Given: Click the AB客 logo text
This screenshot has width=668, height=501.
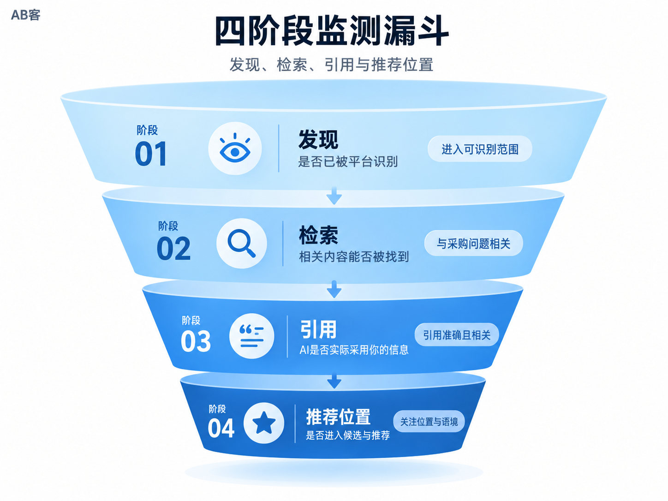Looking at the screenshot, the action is coord(25,15).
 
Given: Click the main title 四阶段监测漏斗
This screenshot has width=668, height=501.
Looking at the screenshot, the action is coord(332,31).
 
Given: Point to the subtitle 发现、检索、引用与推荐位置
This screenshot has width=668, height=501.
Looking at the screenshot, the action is coord(331,65).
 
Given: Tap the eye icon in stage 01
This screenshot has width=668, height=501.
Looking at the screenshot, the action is coord(235,148).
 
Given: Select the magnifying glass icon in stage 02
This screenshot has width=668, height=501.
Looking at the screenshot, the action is coord(242,244).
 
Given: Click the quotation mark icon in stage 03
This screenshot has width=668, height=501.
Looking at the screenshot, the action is coord(251,336).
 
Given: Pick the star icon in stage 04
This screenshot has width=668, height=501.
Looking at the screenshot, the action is coord(264,423).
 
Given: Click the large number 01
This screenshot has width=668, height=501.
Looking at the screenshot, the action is coord(151,154).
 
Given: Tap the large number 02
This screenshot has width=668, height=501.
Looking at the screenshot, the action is coord(173,249).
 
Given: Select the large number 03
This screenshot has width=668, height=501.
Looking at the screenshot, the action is coord(196,341).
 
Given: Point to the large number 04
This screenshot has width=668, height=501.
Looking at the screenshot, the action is coord(221,428).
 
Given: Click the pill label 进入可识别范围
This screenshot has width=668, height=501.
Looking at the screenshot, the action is coord(480,149).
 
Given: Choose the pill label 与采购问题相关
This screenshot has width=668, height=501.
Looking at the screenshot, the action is coord(473,244).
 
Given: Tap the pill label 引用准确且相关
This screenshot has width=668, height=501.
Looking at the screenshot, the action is coord(457,335).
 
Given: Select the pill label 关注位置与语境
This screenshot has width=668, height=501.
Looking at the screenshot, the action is coord(429,422).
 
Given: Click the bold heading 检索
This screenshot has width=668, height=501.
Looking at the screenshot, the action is coord(318,235).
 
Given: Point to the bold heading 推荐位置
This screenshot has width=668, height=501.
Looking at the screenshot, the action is coord(338,417).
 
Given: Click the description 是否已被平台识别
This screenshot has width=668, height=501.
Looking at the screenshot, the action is coord(348,161).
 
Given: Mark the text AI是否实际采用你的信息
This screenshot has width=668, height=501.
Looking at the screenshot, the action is coord(354,350).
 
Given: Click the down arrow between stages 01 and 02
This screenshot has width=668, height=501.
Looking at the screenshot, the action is coord(334,196).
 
